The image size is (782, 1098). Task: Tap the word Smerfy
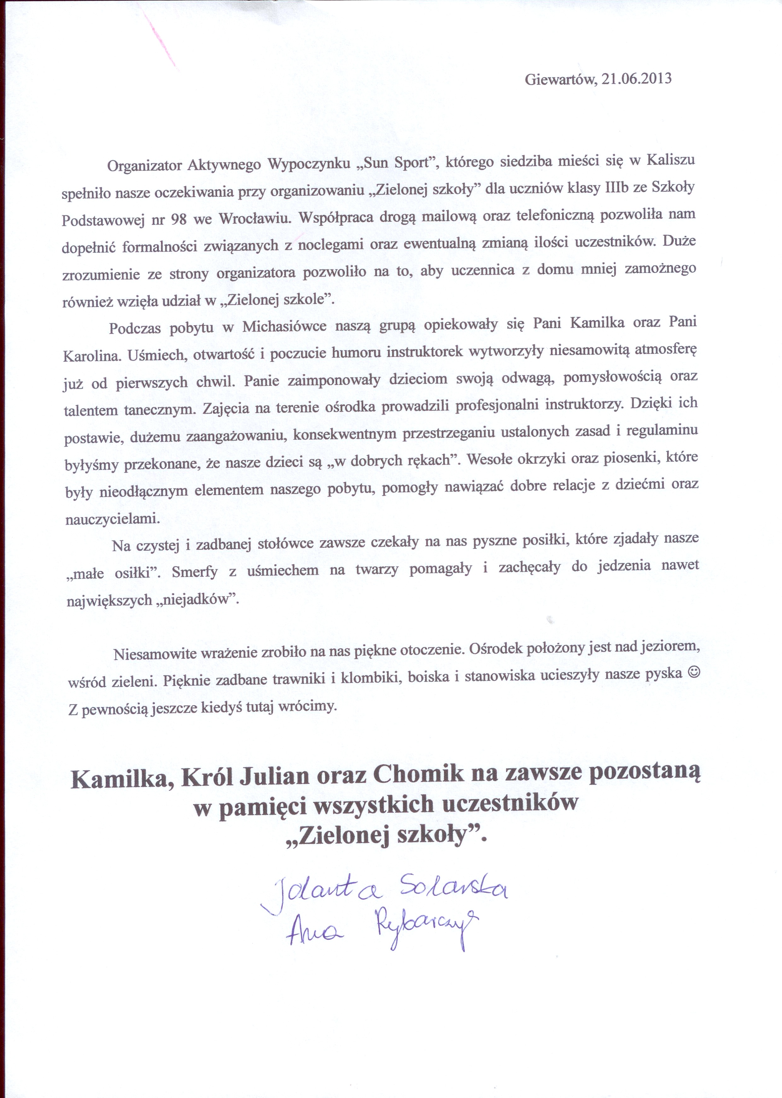195,572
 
